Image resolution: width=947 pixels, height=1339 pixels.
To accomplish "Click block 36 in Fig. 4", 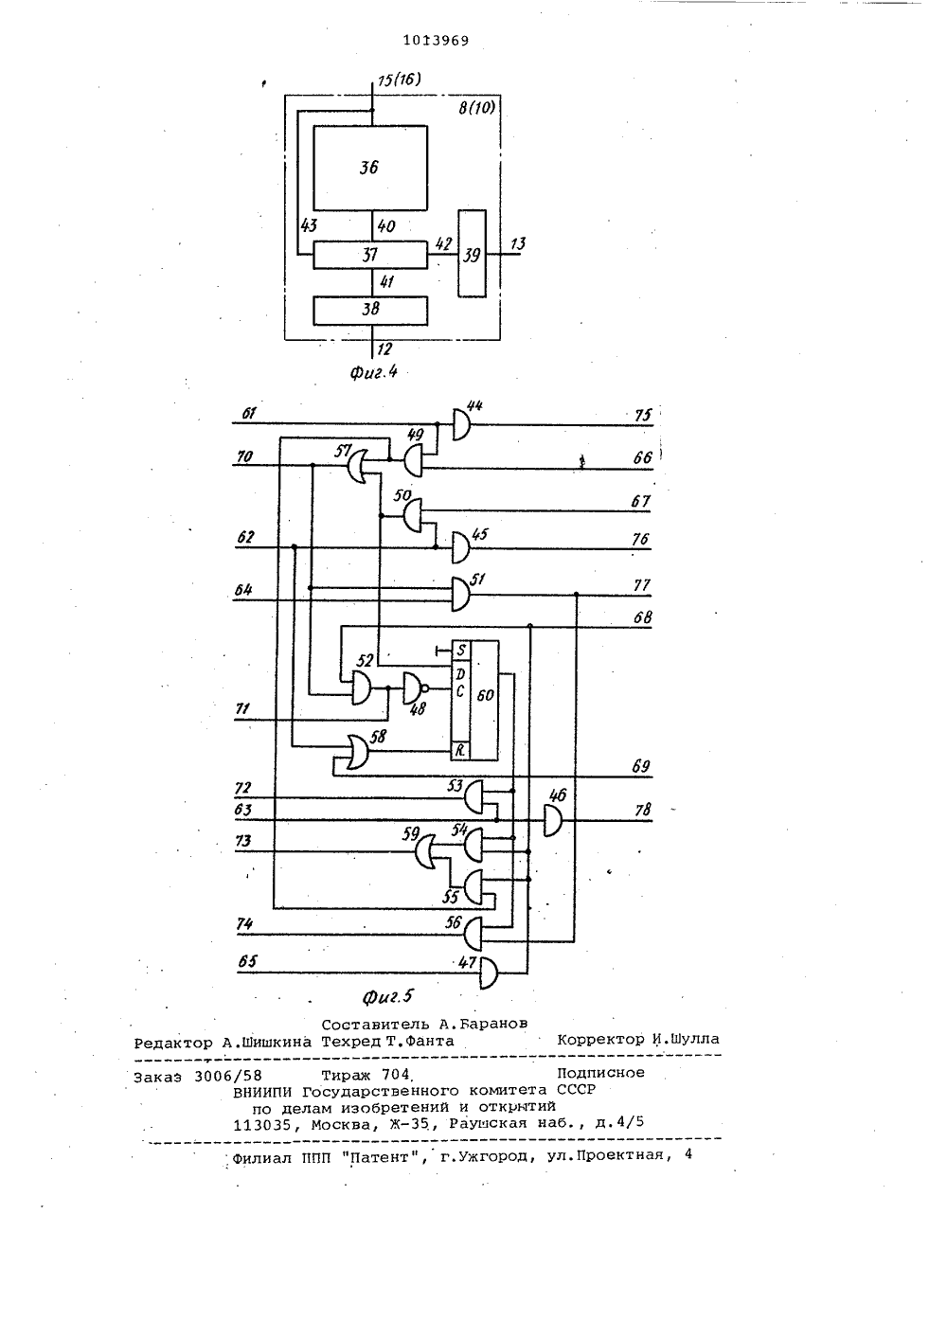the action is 370,168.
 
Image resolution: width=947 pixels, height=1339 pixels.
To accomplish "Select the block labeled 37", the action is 370,255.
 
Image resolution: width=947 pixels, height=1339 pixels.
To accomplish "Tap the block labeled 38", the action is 370,311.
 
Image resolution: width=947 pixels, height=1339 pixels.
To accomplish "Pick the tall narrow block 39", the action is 472,254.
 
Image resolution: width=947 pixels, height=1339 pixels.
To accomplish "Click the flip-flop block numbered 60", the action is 474,700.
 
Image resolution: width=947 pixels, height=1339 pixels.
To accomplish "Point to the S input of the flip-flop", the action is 460,650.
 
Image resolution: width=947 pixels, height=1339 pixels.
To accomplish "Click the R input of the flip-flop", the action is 460,751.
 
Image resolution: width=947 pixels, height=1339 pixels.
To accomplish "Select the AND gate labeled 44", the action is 461,425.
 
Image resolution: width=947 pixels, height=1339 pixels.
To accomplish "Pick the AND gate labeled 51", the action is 460,594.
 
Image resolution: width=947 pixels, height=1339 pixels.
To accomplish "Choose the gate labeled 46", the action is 553,820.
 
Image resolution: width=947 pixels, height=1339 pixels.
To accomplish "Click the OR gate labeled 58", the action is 358,752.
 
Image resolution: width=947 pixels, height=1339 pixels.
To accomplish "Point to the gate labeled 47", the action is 489,973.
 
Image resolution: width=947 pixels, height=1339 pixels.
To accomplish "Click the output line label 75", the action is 643,415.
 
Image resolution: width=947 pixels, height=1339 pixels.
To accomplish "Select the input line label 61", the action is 249,413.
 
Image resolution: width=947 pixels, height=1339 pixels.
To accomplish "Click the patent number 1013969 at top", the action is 436,41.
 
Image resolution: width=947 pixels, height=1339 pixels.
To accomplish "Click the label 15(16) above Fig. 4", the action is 400,80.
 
